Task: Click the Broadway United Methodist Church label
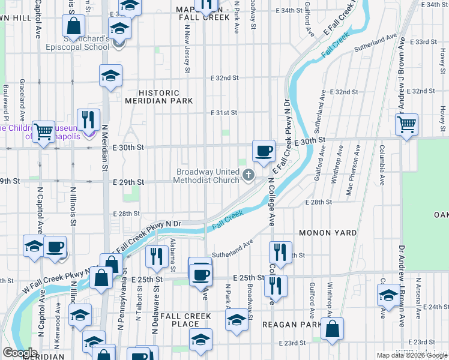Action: point(208,176)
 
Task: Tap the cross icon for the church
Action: point(249,176)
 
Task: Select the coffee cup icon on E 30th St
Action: point(264,151)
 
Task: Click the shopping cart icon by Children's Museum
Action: point(43,131)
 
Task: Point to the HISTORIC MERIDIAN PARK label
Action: point(159,97)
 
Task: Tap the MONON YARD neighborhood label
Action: point(327,232)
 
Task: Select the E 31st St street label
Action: point(224,113)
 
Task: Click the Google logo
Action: point(20,353)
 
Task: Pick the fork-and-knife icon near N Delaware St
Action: point(157,256)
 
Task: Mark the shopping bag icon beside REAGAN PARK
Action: point(331,328)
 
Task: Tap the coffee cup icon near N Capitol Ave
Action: point(55,247)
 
